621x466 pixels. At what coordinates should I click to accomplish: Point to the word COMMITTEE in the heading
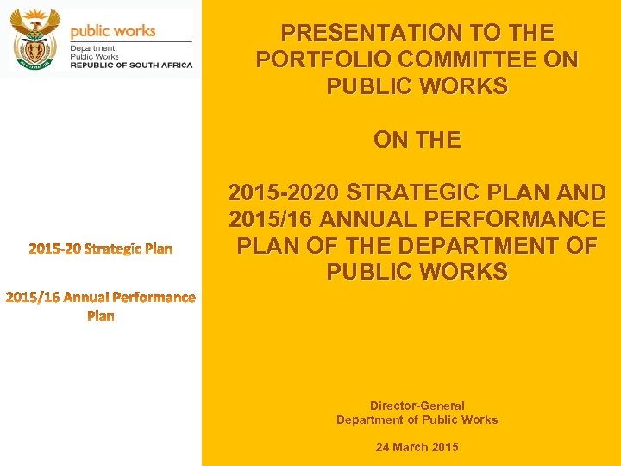coord(467,60)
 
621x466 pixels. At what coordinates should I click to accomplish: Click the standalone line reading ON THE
coord(417,139)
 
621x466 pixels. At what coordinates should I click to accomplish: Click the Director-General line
coord(417,406)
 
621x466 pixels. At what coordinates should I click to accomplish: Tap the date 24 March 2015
coord(417,447)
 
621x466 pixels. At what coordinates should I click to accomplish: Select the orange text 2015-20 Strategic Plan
coord(101,249)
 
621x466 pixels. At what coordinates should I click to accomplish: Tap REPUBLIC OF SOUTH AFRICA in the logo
coord(131,66)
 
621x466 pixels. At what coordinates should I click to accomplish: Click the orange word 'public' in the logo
coord(90,31)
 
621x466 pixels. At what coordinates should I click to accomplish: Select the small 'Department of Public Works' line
coord(417,419)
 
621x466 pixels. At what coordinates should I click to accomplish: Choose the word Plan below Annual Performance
coord(101,316)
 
